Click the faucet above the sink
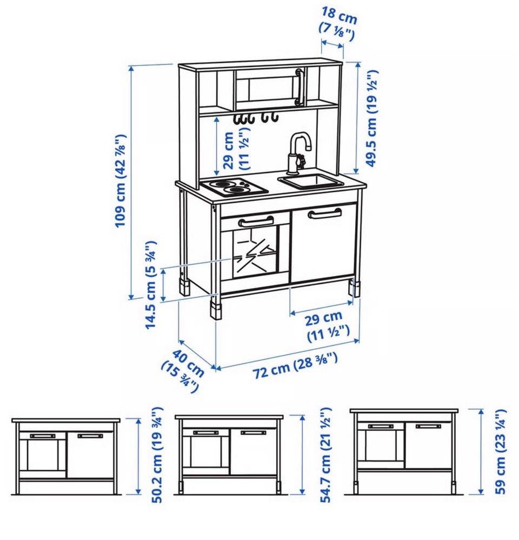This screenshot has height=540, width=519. coord(299,151)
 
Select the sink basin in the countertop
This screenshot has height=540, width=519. coord(311,181)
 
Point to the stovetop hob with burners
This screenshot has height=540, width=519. coord(234,188)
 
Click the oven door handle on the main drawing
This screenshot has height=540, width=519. coord(256,222)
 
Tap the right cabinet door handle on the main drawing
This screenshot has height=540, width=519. coord(325,213)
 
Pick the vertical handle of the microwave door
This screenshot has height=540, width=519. coord(300,87)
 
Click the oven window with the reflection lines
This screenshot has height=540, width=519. coord(255,254)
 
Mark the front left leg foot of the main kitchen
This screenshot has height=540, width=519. coord(216,311)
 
